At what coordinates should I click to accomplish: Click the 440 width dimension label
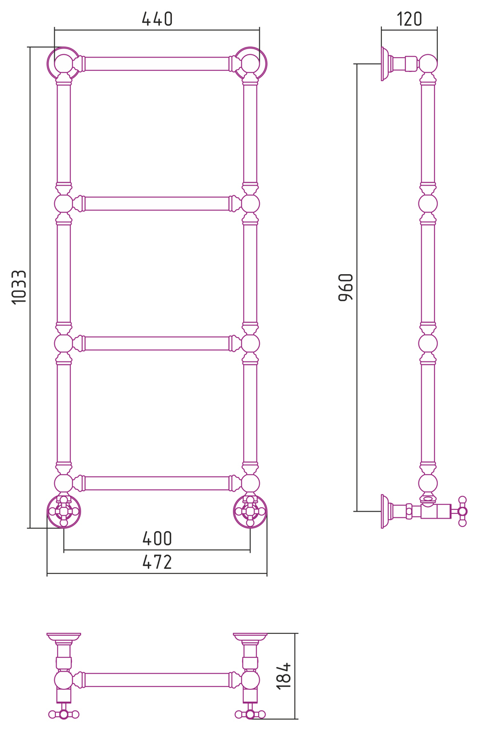coord(157,19)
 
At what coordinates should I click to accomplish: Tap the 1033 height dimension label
coord(19,287)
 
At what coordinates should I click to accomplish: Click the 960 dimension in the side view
coord(346,287)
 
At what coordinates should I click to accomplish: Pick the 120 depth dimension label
coord(409,19)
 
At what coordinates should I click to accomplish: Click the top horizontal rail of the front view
coord(157,63)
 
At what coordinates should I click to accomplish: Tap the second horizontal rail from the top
coord(157,204)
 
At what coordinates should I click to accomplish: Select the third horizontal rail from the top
coord(157,343)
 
